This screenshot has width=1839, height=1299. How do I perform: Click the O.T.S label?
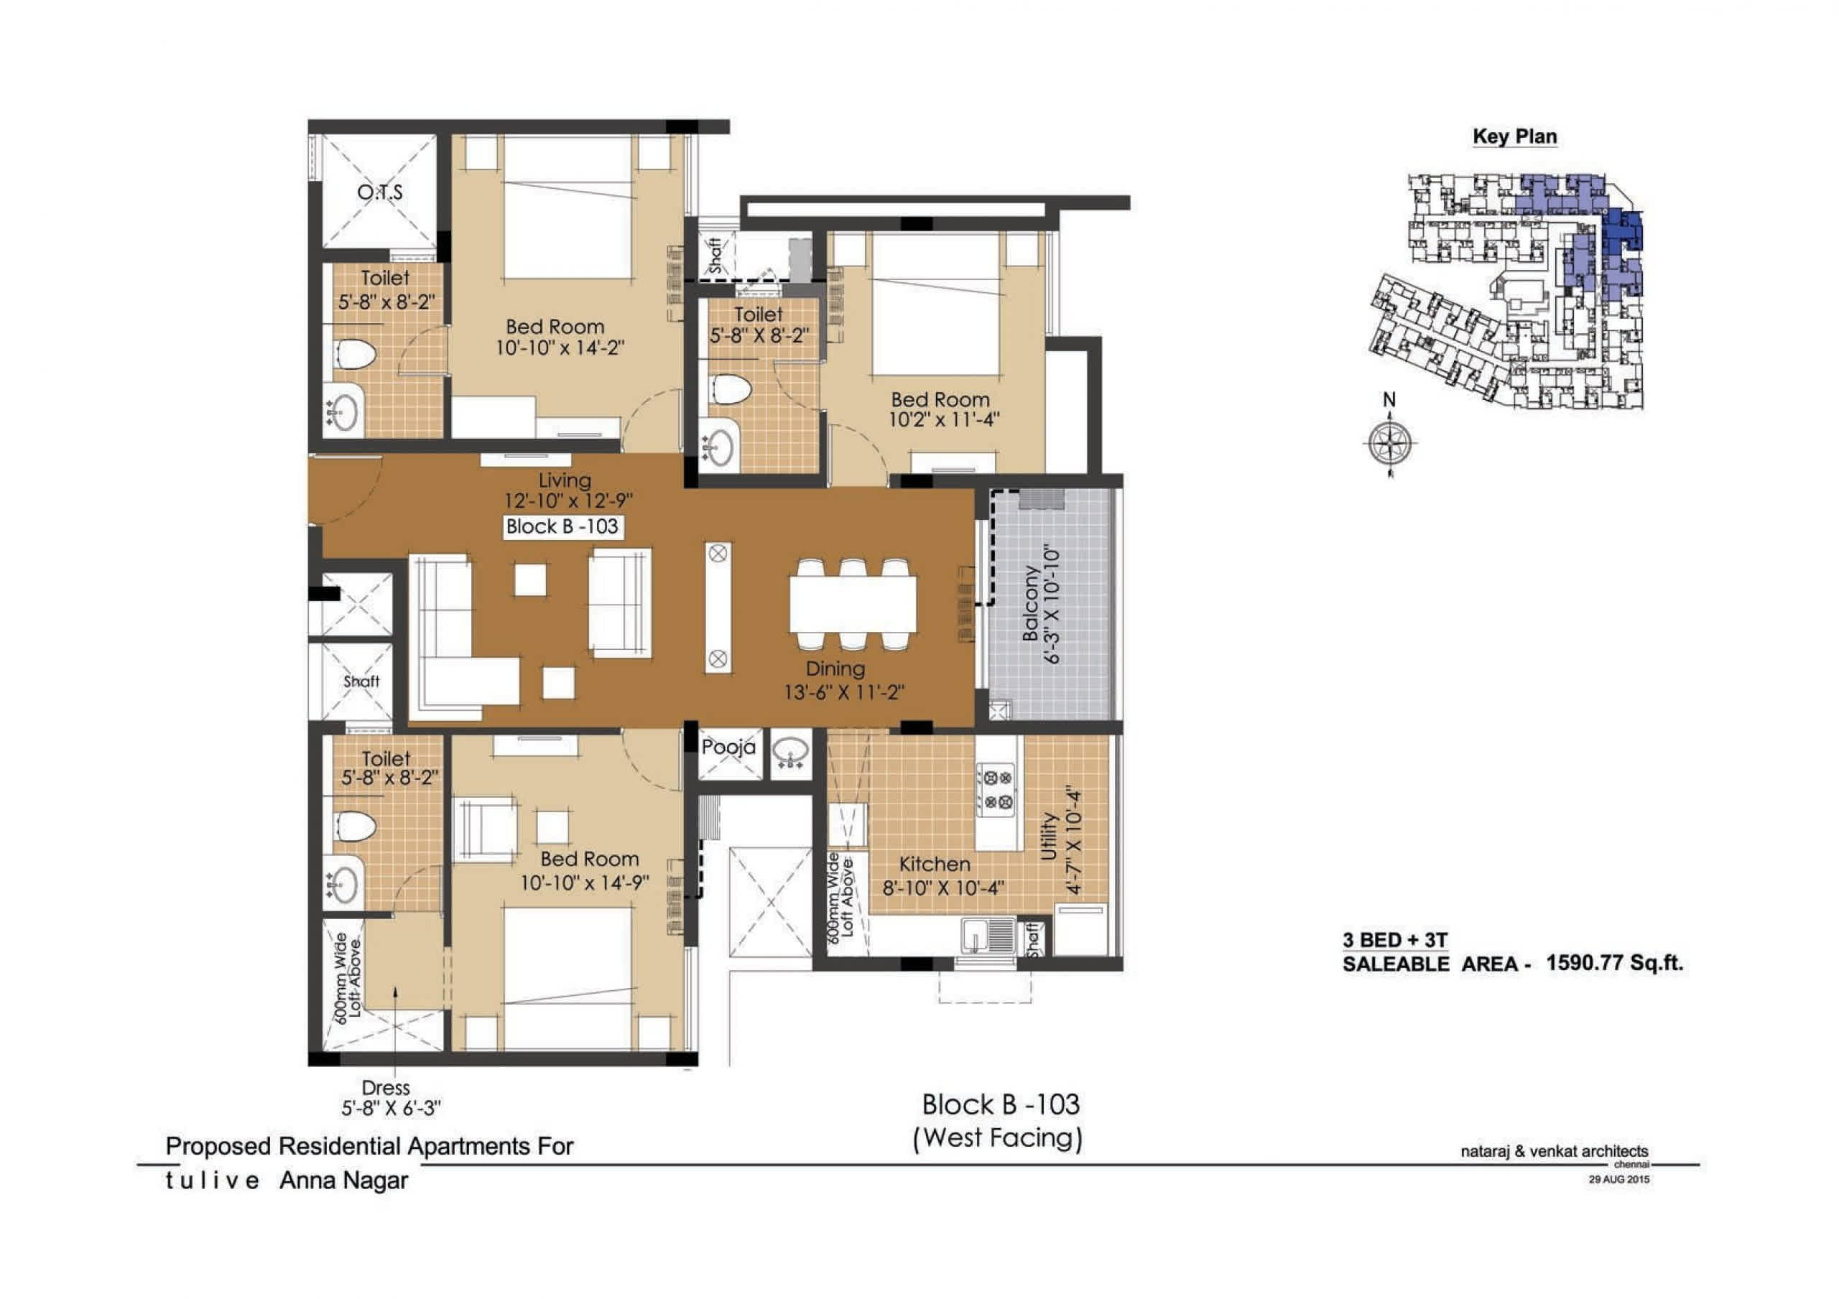pyautogui.click(x=380, y=193)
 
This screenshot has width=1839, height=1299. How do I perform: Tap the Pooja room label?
pyautogui.click(x=728, y=748)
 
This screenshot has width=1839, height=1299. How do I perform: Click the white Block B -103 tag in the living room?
pyautogui.click(x=562, y=527)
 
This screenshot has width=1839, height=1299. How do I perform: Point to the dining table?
pyautogui.click(x=853, y=605)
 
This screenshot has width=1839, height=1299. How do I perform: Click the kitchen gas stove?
pyautogui.click(x=996, y=789)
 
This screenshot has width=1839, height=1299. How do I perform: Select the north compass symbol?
pyautogui.click(x=1389, y=442)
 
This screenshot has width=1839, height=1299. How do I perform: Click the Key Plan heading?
pyautogui.click(x=1514, y=137)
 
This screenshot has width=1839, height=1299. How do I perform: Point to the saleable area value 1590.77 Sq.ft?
pyautogui.click(x=1614, y=963)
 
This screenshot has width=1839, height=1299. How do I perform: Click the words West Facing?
pyautogui.click(x=998, y=1138)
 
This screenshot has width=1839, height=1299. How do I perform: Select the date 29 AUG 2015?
pyautogui.click(x=1618, y=1180)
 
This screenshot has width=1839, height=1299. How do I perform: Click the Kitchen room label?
pyautogui.click(x=935, y=864)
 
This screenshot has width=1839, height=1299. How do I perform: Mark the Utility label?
pyautogui.click(x=1050, y=837)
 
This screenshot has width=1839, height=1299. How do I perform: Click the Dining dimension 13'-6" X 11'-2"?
pyautogui.click(x=844, y=692)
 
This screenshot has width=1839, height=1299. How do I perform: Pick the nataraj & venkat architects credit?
pyautogui.click(x=1555, y=1152)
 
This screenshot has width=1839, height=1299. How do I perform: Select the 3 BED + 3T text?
pyautogui.click(x=1395, y=940)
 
